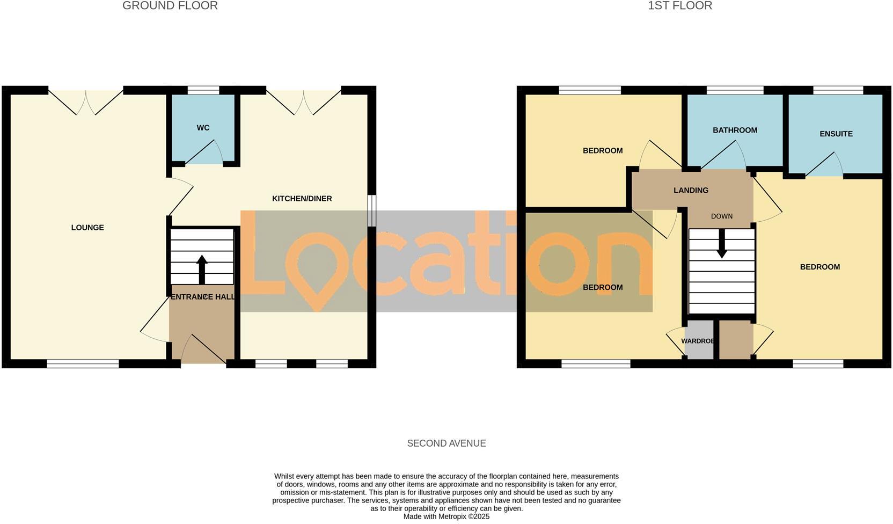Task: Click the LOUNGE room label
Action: point(87,228)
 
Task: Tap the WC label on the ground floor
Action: point(203,128)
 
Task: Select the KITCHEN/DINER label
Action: point(302,199)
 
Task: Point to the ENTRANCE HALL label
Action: point(202,297)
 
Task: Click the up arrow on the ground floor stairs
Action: point(202,269)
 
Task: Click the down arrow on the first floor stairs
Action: point(722,243)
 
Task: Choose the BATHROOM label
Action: point(735,130)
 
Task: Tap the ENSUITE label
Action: point(836,134)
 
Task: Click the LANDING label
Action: point(691,190)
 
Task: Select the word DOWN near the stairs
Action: point(721,216)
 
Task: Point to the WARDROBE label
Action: point(698,341)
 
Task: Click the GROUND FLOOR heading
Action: point(170,6)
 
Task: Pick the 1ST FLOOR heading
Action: point(679,6)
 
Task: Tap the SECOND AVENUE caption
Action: point(446,443)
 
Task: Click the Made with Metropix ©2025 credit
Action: point(446,516)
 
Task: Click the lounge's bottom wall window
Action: point(83,364)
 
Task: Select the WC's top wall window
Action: point(203,90)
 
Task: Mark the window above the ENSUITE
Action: point(838,90)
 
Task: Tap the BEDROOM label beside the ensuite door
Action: point(819,267)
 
